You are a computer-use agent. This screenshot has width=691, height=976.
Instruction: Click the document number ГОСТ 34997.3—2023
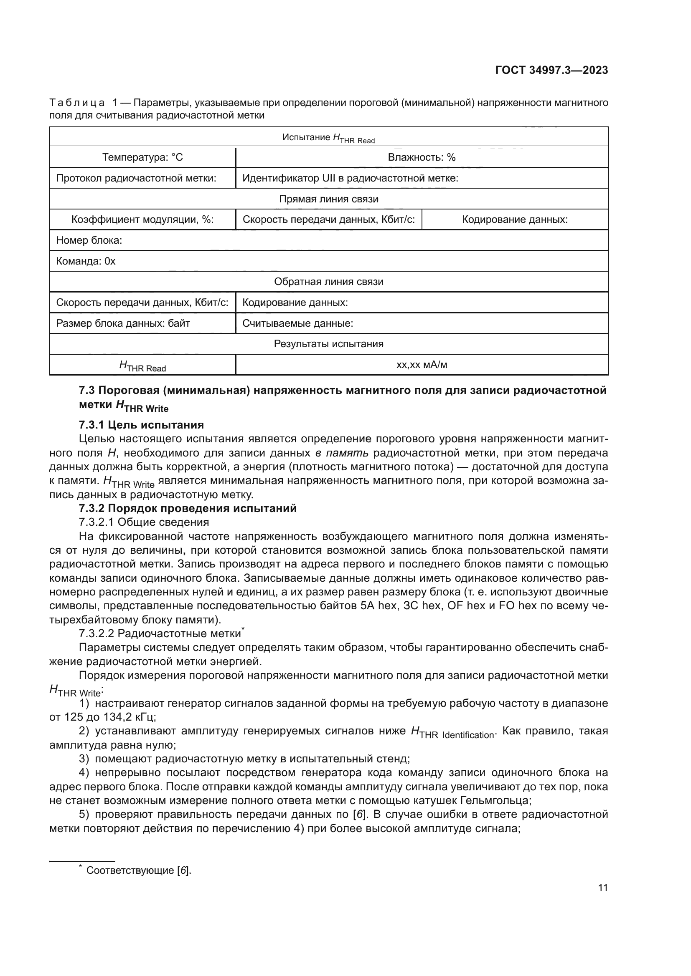pyautogui.click(x=551, y=70)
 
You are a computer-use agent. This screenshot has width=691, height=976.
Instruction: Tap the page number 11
pyautogui.click(x=602, y=888)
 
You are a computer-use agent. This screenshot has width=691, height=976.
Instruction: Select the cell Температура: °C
pyautogui.click(x=142, y=158)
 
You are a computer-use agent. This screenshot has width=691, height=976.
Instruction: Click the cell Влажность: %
pyautogui.click(x=421, y=158)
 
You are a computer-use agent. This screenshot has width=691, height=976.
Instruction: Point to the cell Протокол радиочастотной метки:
pyautogui.click(x=136, y=178)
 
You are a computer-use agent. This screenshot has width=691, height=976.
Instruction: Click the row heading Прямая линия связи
pyautogui.click(x=328, y=199)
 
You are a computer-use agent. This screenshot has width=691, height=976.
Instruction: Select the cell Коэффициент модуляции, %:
pyautogui.click(x=142, y=220)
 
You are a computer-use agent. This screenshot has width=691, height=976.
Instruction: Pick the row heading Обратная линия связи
pyautogui.click(x=328, y=282)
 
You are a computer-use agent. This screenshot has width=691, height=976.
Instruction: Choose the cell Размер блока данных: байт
pyautogui.click(x=123, y=323)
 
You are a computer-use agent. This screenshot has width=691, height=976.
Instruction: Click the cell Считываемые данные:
pyautogui.click(x=298, y=323)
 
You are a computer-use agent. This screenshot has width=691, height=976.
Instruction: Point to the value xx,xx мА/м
pyautogui.click(x=421, y=365)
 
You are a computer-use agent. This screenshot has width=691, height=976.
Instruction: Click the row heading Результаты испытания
pyautogui.click(x=328, y=344)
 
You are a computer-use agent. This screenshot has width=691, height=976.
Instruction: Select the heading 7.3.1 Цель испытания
pyautogui.click(x=141, y=425)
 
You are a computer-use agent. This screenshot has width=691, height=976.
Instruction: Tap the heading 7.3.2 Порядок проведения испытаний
pyautogui.click(x=188, y=508)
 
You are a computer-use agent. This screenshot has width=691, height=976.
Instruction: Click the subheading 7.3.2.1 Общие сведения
pyautogui.click(x=144, y=522)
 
